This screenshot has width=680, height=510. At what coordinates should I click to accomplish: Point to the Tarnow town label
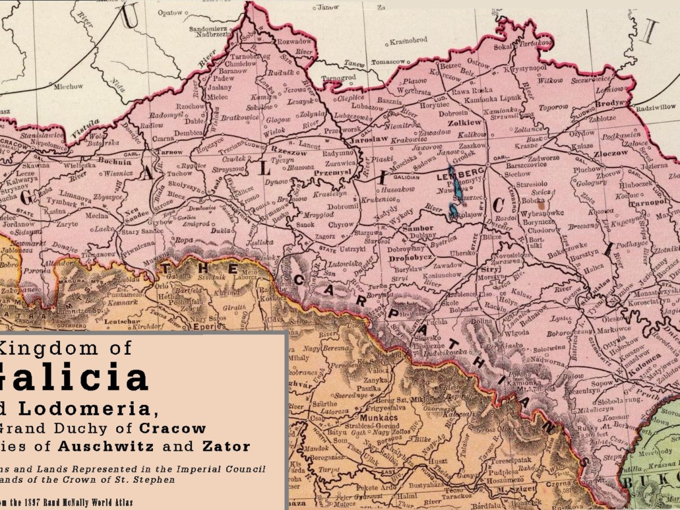pyautogui.click(x=169, y=152)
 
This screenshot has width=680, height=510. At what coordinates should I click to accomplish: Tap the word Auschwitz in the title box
pyautogui.click(x=111, y=446)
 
